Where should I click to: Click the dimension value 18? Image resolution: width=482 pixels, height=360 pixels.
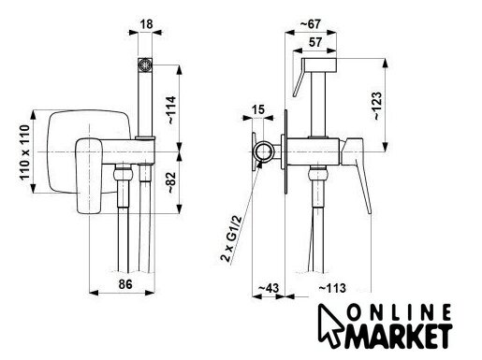pyautogui.click(x=147, y=24)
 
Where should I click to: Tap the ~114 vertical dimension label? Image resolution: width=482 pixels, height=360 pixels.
pyautogui.click(x=172, y=110)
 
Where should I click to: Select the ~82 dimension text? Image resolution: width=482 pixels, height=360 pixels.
pyautogui.click(x=172, y=182)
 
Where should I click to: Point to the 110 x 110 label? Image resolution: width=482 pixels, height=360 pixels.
pyautogui.click(x=24, y=152)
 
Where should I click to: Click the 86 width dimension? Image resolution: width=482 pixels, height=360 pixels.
pyautogui.click(x=125, y=284)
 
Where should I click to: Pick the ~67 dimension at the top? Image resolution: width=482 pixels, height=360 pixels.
pyautogui.click(x=310, y=24)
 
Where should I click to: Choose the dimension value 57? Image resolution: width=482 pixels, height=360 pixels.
pyautogui.click(x=315, y=42)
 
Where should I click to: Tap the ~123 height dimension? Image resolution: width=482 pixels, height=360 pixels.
pyautogui.click(x=376, y=106)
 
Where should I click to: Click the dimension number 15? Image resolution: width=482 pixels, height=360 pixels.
pyautogui.click(x=257, y=109)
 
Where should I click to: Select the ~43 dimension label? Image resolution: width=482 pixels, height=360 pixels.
pyautogui.click(x=269, y=288)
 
